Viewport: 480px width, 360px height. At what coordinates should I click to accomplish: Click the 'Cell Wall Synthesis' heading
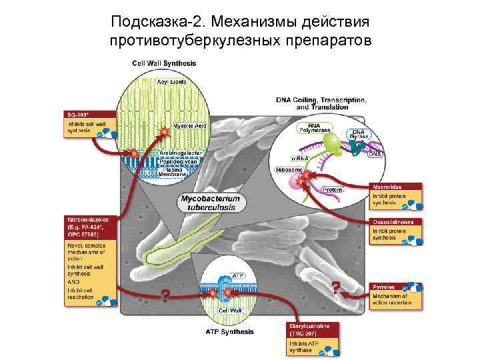pyautogui.click(x=164, y=63)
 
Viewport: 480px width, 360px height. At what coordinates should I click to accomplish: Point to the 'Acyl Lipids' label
pyautogui.click(x=172, y=81)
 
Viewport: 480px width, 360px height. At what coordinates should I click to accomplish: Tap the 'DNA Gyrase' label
pyautogui.click(x=358, y=135)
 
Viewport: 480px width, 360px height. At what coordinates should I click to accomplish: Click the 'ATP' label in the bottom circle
pyautogui.click(x=239, y=274)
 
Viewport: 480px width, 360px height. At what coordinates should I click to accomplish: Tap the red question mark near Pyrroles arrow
pyautogui.click(x=336, y=287)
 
